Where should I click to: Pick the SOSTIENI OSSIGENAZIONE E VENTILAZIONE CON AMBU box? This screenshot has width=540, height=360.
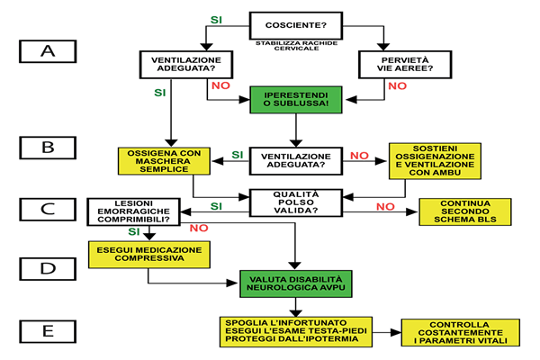point(430,160)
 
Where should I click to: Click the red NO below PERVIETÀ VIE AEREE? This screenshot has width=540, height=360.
point(397,86)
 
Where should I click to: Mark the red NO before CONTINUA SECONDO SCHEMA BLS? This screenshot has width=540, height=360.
point(384,206)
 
